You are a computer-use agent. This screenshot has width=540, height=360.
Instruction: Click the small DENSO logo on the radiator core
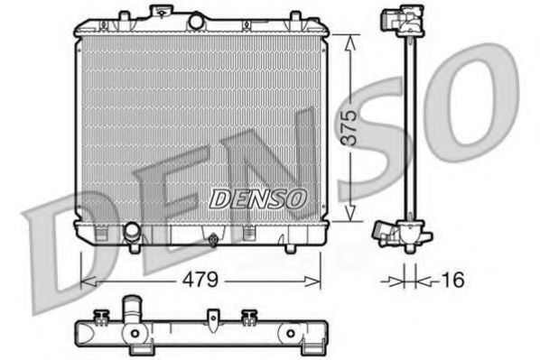[x=258, y=196]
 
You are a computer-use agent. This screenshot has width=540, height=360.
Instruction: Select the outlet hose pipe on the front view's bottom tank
[x=134, y=233]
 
